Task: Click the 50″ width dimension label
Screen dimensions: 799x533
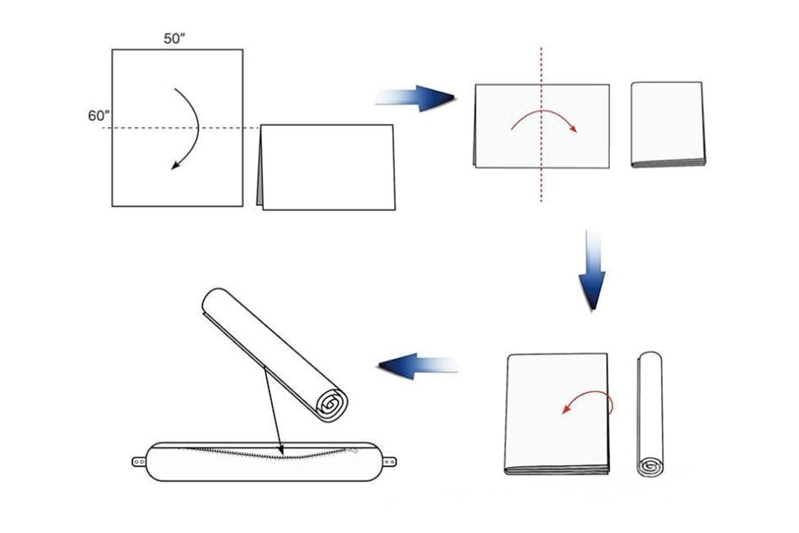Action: coord(174,39)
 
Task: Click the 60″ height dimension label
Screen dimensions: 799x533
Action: coord(99,116)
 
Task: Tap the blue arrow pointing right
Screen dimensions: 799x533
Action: coord(415,98)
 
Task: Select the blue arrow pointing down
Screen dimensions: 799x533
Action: coord(592,270)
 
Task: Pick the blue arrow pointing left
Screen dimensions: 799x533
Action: coord(417,366)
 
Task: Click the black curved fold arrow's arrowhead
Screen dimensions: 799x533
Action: coord(175,166)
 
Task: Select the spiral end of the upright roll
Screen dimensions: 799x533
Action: coord(650,466)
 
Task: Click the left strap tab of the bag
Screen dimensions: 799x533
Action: coord(139,462)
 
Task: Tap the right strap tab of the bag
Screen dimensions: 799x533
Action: coord(390,462)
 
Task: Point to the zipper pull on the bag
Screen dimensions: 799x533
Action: coord(354,450)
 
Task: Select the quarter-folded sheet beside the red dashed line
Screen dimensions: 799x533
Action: coord(668,124)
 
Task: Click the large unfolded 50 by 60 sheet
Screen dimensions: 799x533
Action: coord(177,128)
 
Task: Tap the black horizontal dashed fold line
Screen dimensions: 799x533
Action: coord(180,128)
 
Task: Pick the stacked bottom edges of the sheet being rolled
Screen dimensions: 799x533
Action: coord(557,470)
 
